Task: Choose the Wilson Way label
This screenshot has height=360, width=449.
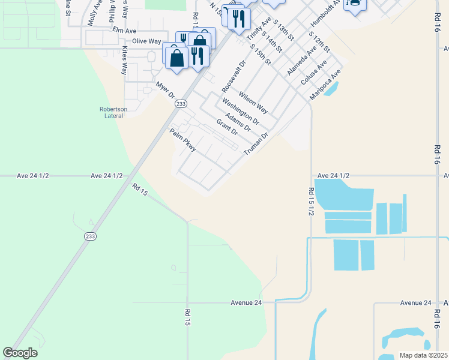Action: click(253, 102)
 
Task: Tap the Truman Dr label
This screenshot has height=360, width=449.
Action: click(255, 145)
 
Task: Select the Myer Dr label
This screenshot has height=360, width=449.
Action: click(164, 91)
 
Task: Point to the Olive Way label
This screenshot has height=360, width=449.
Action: click(146, 41)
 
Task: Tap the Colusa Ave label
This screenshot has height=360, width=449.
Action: click(315, 73)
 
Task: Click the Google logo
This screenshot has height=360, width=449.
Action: click(20, 353)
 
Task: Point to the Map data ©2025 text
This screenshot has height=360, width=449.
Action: click(423, 355)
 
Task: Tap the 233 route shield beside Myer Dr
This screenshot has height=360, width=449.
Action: click(181, 104)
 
